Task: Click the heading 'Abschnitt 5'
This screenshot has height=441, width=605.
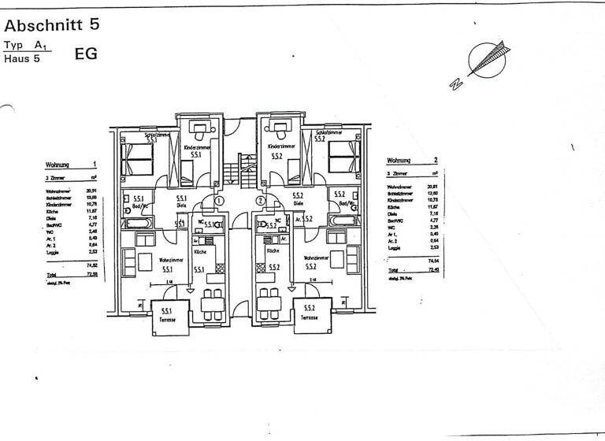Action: (x=52, y=24)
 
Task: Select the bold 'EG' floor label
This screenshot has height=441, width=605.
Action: (x=86, y=55)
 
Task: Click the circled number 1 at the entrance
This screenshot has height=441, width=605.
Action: (x=219, y=201)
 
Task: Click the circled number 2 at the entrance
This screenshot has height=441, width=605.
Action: (x=260, y=201)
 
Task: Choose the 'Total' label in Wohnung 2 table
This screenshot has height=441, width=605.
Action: (x=393, y=269)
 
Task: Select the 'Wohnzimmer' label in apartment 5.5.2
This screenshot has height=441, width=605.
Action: (x=315, y=258)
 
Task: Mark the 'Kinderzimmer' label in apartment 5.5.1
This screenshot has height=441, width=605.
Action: (x=195, y=147)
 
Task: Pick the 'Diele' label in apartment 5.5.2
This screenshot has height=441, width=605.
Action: (x=299, y=203)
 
